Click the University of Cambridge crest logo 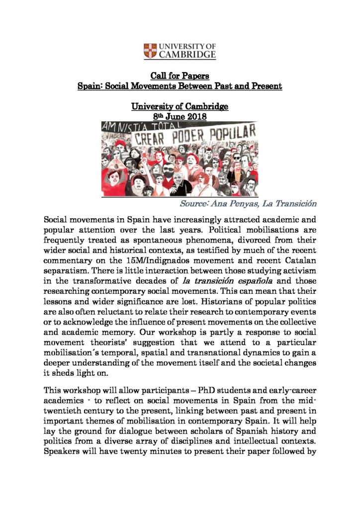pos(150,50)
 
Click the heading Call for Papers pos(180,76)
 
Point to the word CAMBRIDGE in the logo pos(187,54)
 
